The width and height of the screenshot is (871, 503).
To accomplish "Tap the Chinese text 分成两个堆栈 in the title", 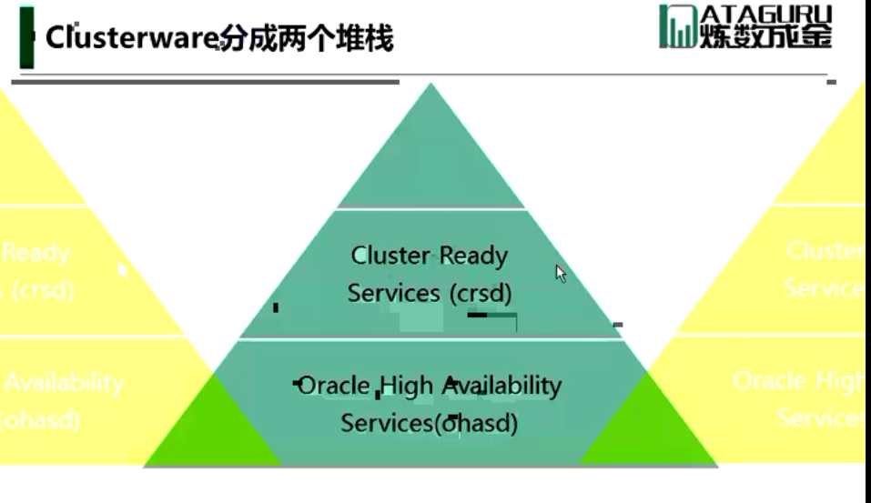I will [308, 39].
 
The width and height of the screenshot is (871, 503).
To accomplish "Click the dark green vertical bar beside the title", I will [26, 37].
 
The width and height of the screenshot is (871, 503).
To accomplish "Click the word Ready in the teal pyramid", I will [471, 256].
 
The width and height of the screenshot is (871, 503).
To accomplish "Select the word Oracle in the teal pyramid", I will [335, 386].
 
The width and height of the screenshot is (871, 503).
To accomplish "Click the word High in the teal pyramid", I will [408, 386].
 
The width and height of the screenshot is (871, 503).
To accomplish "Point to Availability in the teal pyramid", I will [501, 386].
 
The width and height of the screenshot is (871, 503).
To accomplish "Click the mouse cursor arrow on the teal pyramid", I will [561, 272].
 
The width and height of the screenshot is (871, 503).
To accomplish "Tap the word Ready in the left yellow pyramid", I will [36, 252].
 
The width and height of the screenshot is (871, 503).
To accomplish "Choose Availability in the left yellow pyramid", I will [64, 383].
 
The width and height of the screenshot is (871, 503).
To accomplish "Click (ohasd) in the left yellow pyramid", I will [41, 420].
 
